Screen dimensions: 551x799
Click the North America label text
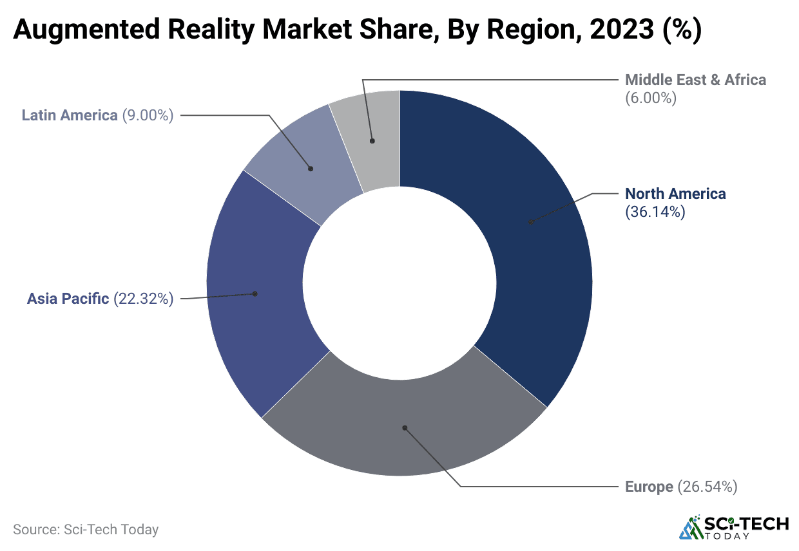point(675,194)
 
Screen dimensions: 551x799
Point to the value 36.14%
point(655,212)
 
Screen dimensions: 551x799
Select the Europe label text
point(649,487)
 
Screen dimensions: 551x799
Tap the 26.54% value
point(707,487)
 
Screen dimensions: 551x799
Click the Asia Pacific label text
point(68,299)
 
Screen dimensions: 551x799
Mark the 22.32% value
point(144,299)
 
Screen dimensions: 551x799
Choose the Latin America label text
point(70,115)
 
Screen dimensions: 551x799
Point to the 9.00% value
point(148,115)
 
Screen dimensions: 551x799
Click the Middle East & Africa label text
point(696,80)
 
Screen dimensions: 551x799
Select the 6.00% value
point(651,98)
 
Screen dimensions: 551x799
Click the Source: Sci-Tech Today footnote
point(86,530)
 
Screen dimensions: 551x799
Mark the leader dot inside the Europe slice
point(405,427)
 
